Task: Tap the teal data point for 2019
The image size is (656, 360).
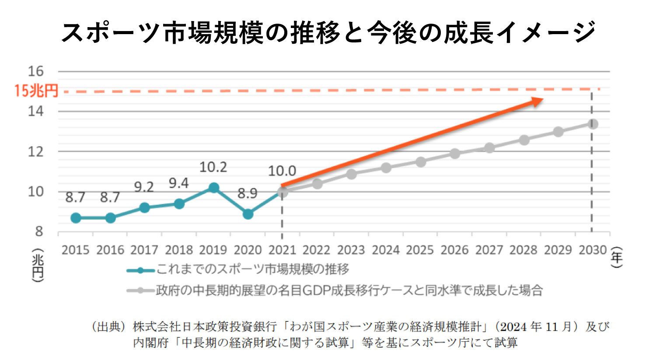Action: click(x=213, y=188)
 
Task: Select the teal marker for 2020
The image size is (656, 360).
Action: click(x=248, y=214)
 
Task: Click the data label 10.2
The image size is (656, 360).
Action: click(x=213, y=167)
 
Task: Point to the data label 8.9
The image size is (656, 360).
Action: click(x=247, y=193)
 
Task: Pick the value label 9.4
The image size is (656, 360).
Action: click(x=178, y=183)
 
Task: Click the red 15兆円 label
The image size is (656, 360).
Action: click(x=36, y=91)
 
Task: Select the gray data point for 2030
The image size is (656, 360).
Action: click(x=593, y=124)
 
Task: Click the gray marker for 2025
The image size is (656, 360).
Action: click(x=421, y=162)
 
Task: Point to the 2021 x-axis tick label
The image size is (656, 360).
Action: click(x=282, y=250)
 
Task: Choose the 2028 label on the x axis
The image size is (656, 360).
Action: click(x=523, y=250)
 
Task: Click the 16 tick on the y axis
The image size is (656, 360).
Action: click(x=36, y=71)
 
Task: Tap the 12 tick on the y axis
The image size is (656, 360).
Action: click(x=36, y=152)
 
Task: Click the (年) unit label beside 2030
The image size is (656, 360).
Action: click(x=617, y=257)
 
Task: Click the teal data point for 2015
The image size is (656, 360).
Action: click(x=76, y=218)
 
